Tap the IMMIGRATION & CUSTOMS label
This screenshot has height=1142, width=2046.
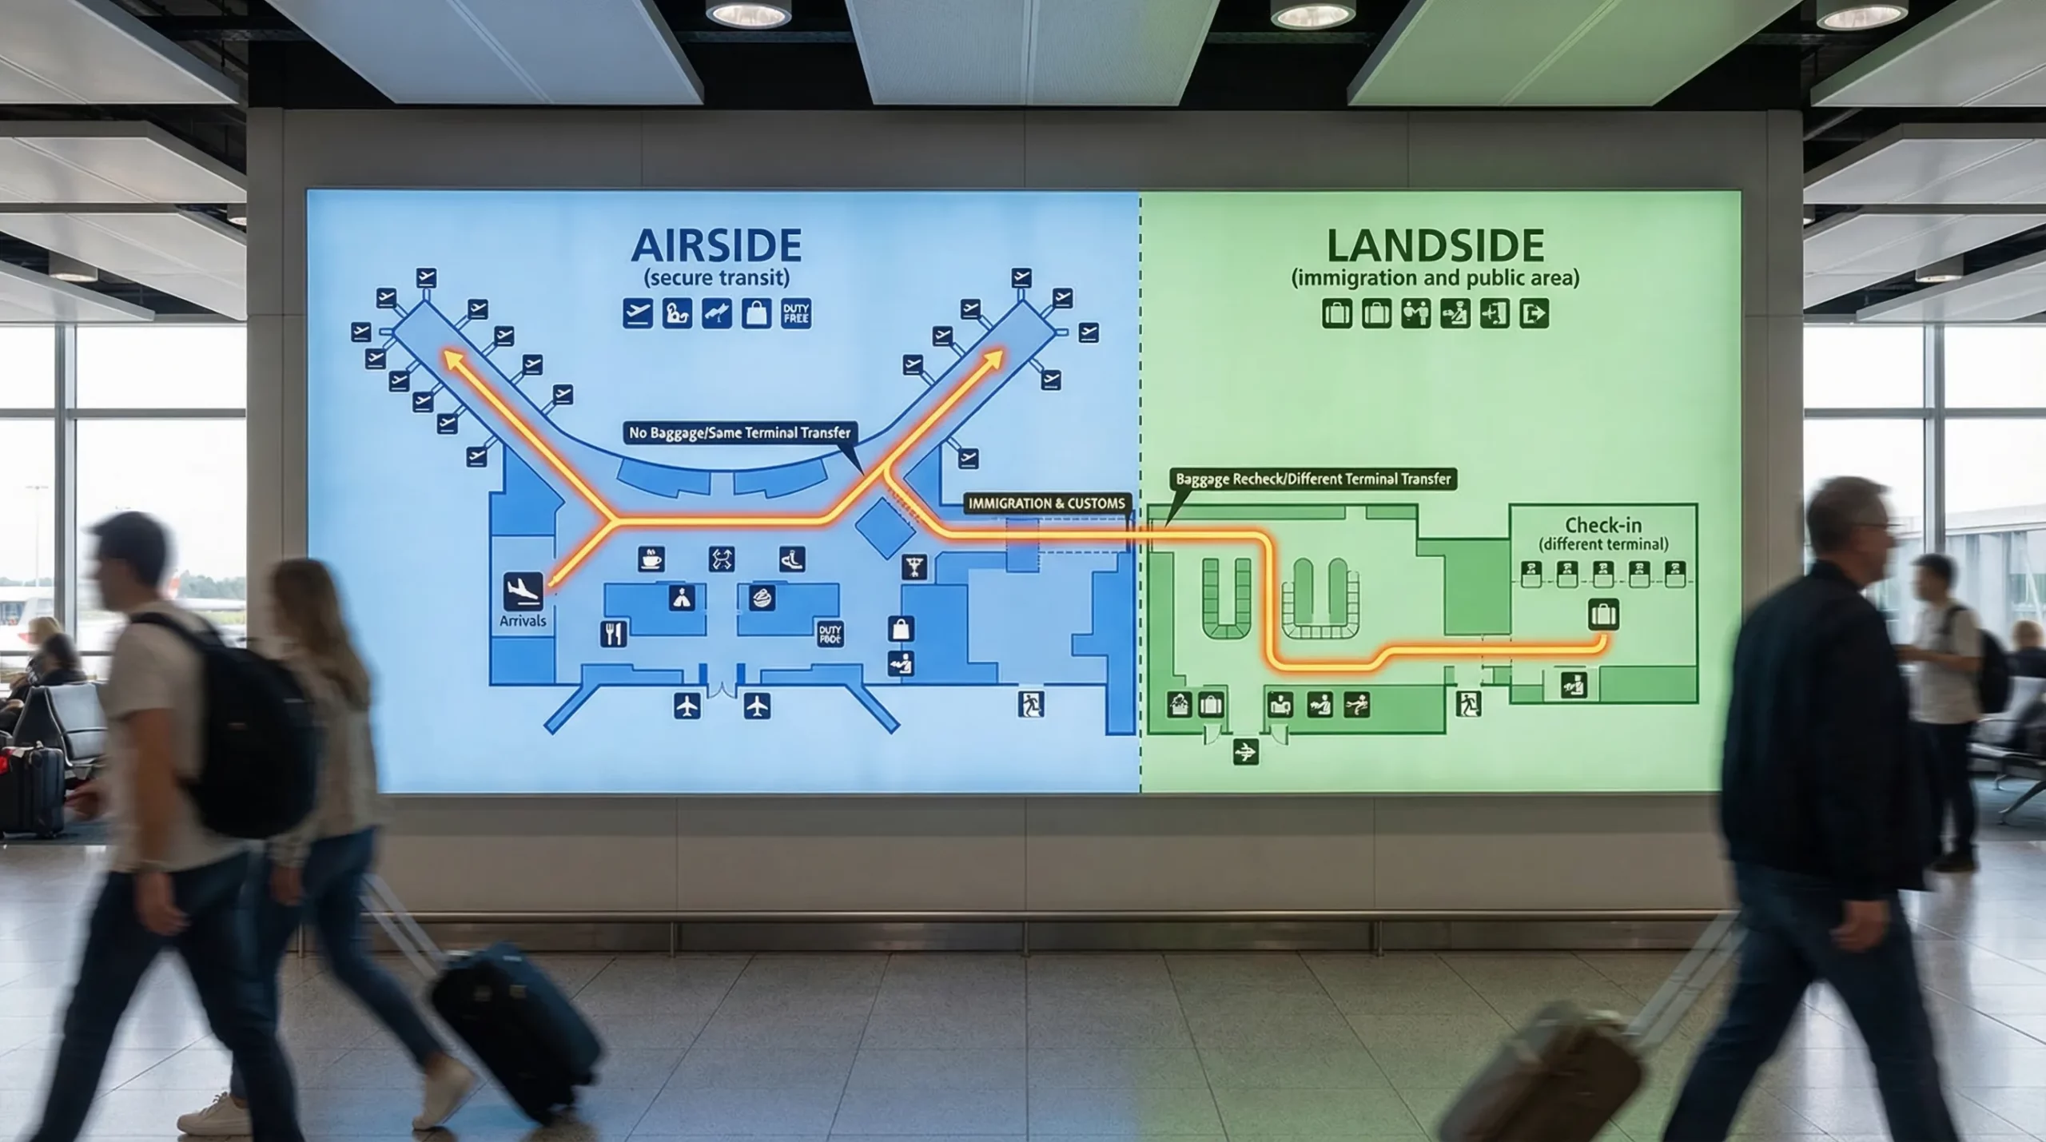coord(1047,503)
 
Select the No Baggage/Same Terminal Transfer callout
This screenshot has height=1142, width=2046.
coord(739,433)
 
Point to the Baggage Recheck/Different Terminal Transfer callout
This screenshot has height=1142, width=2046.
coord(1312,479)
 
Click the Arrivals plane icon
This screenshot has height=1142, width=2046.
coord(523,591)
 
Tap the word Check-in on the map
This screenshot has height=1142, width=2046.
coord(1603,525)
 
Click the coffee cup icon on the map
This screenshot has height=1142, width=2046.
coord(651,559)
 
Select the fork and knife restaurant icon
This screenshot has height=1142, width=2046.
coord(613,634)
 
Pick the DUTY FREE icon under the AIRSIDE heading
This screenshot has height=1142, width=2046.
coord(795,314)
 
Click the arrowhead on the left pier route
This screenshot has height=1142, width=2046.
coord(452,357)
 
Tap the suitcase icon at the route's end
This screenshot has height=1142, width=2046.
coord(1603,615)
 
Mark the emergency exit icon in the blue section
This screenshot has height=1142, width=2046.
coord(1031,704)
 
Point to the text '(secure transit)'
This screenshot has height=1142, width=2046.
coord(716,278)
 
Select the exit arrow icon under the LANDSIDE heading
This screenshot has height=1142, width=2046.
coord(1534,314)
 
